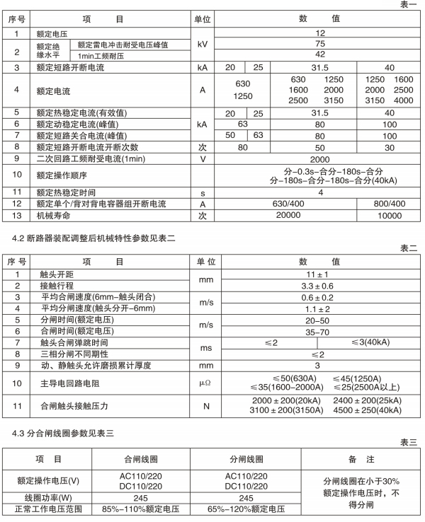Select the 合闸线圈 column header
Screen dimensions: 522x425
click(x=142, y=458)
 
